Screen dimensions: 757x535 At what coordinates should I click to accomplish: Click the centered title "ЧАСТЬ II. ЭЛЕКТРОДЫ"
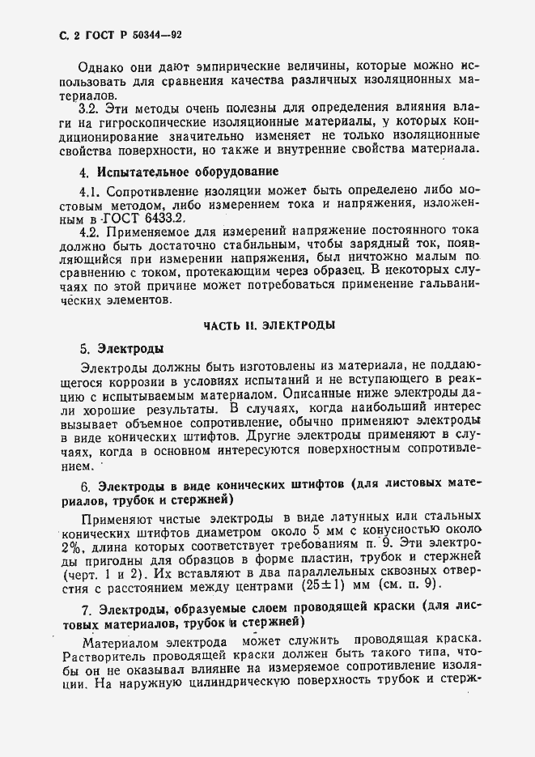[x=267, y=325]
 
